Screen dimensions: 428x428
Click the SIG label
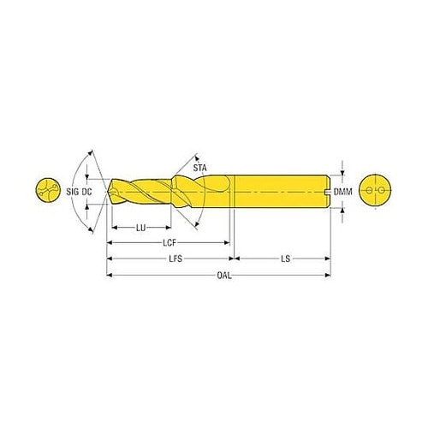tap(73, 192)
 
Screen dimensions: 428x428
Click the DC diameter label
tap(86, 192)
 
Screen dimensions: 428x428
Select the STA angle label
tap(199, 168)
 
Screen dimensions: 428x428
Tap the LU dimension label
tap(141, 228)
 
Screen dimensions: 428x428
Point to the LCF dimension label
tap(169, 243)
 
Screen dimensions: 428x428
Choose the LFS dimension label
tap(175, 259)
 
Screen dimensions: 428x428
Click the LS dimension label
tap(285, 259)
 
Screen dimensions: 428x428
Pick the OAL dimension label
tap(224, 276)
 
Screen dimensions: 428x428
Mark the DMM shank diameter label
tap(342, 192)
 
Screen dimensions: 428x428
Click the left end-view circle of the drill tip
tap(48, 190)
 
